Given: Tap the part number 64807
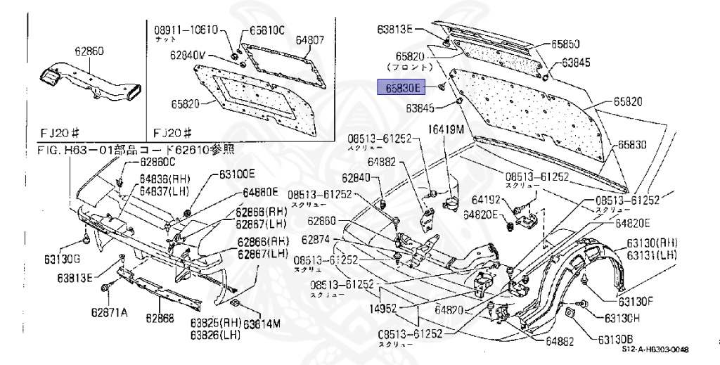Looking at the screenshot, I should point(309,40).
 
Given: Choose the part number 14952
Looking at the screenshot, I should point(385,307).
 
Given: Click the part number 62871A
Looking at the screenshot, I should point(108,312).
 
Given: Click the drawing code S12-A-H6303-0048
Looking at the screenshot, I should point(655,350).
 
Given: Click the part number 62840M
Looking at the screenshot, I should point(188,54).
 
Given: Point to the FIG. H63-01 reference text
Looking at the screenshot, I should point(136,150).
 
